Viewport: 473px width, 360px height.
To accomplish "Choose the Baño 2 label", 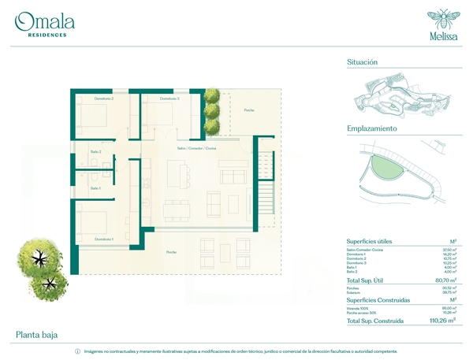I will tap(95, 151).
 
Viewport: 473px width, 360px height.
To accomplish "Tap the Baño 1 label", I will tap(95, 188).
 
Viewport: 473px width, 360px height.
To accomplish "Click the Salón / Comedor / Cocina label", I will tap(196, 147).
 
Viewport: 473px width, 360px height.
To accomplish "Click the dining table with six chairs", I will tap(177, 210).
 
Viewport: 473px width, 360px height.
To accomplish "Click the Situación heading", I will tap(362, 61).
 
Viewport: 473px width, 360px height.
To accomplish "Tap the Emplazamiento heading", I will tap(371, 128).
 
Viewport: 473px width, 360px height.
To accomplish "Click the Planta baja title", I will tap(36, 335).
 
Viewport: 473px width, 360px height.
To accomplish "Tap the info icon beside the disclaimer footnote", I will tap(77, 351).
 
